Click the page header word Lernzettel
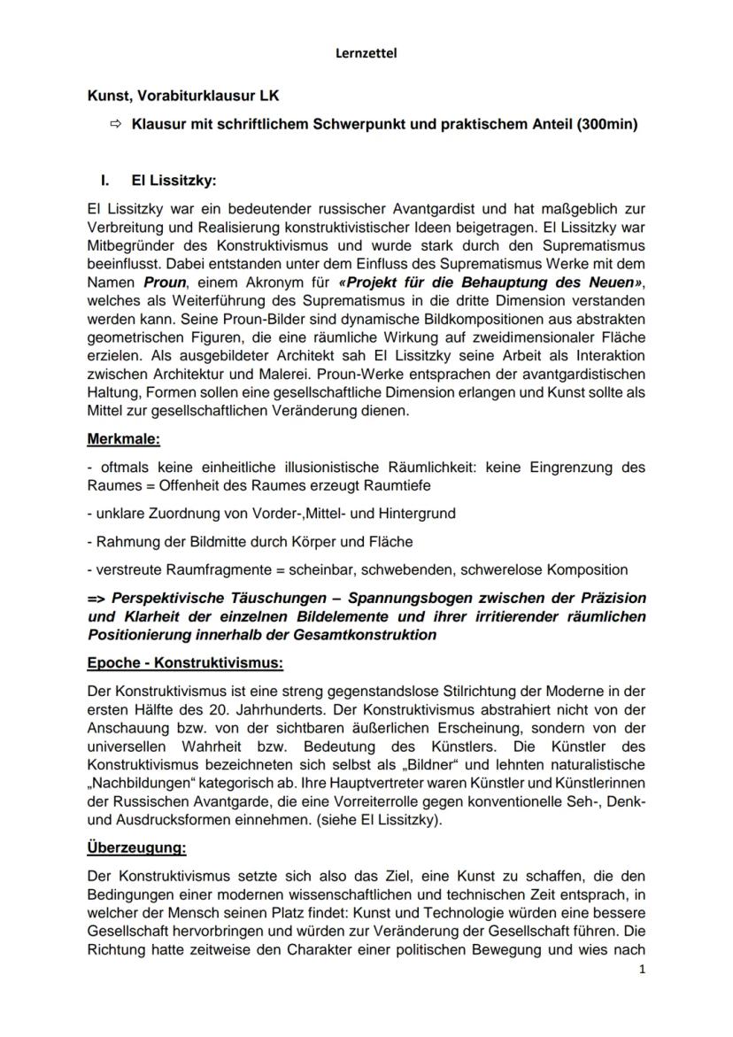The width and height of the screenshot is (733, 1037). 366,53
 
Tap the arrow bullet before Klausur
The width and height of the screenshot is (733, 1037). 115,125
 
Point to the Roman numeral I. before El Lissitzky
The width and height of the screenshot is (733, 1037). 104,180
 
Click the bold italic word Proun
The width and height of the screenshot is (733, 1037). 166,282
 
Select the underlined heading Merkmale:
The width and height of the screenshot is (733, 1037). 123,438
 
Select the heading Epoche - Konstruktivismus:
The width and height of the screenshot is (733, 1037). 185,663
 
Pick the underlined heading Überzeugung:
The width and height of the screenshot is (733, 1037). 137,847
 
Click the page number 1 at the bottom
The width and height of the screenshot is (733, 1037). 642,969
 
